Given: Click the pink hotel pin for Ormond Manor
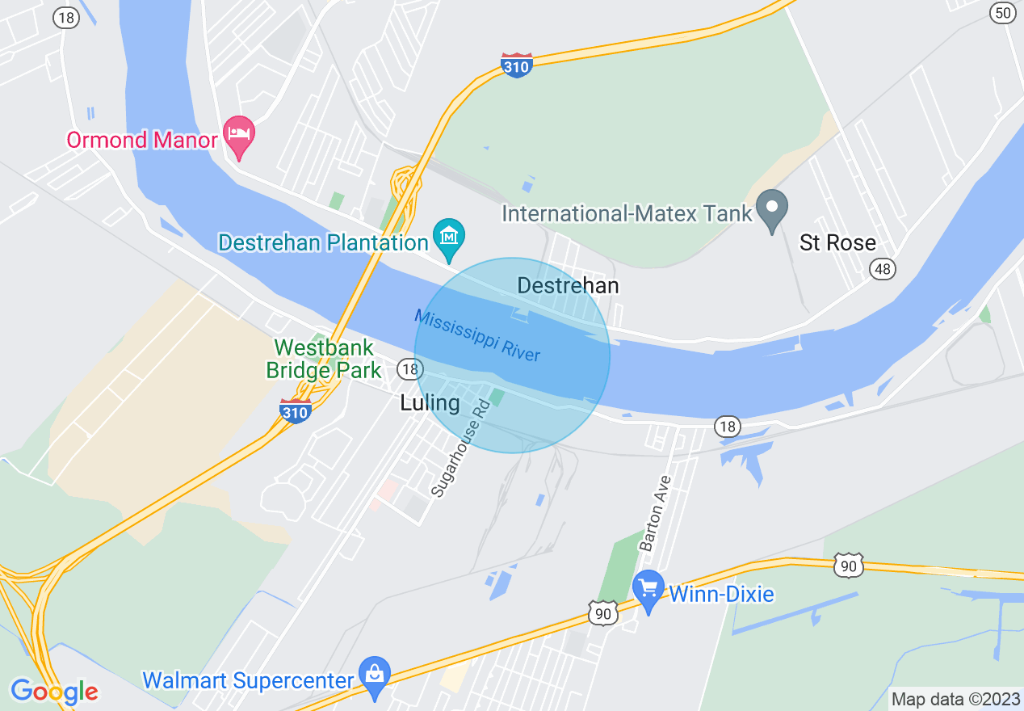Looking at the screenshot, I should pos(240,134).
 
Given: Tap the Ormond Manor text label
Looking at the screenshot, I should pos(142,140).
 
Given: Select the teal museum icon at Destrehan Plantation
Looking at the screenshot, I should pos(448,236).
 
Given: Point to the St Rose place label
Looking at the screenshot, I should pos(837,242).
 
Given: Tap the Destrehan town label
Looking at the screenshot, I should pos(568,285).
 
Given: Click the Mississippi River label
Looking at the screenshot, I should pos(476,335).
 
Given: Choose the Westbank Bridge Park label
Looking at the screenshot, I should pos(324,360).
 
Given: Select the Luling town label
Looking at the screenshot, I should pos(430,402).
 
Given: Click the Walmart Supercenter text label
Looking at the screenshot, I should pos(248,680).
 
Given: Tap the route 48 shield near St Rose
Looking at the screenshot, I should pos(883,268).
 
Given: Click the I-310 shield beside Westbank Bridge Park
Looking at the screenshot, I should pos(296,410).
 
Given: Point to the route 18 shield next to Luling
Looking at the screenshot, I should pos(410,369).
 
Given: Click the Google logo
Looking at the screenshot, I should pos(54,692).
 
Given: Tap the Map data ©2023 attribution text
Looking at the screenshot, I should pos(955,699).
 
